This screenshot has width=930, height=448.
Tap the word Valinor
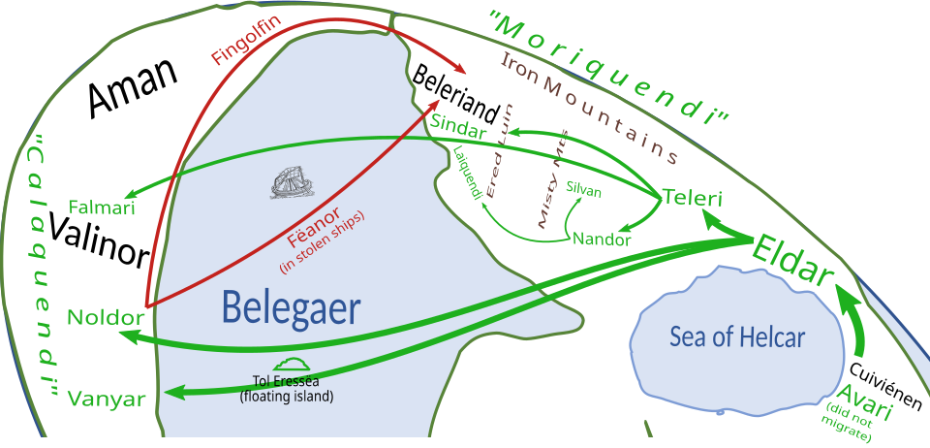[x=98, y=240]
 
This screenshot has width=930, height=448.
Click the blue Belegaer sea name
[x=292, y=309]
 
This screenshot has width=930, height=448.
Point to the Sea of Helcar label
[x=737, y=337]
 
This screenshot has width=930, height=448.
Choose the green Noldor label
[x=106, y=318]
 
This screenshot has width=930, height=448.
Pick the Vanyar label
[x=107, y=400]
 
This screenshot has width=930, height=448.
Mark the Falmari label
[x=102, y=208]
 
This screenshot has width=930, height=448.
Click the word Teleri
[x=691, y=198]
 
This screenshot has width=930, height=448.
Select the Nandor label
[x=602, y=240]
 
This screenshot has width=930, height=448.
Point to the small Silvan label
[x=583, y=192]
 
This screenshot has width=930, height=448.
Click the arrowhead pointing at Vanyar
[x=174, y=393]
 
